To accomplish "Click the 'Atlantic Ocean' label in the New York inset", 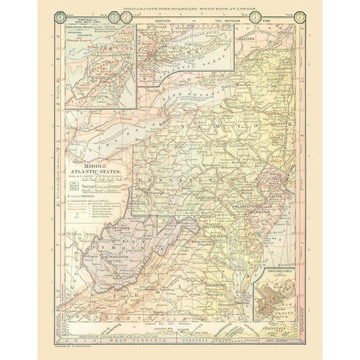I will [184, 70].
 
